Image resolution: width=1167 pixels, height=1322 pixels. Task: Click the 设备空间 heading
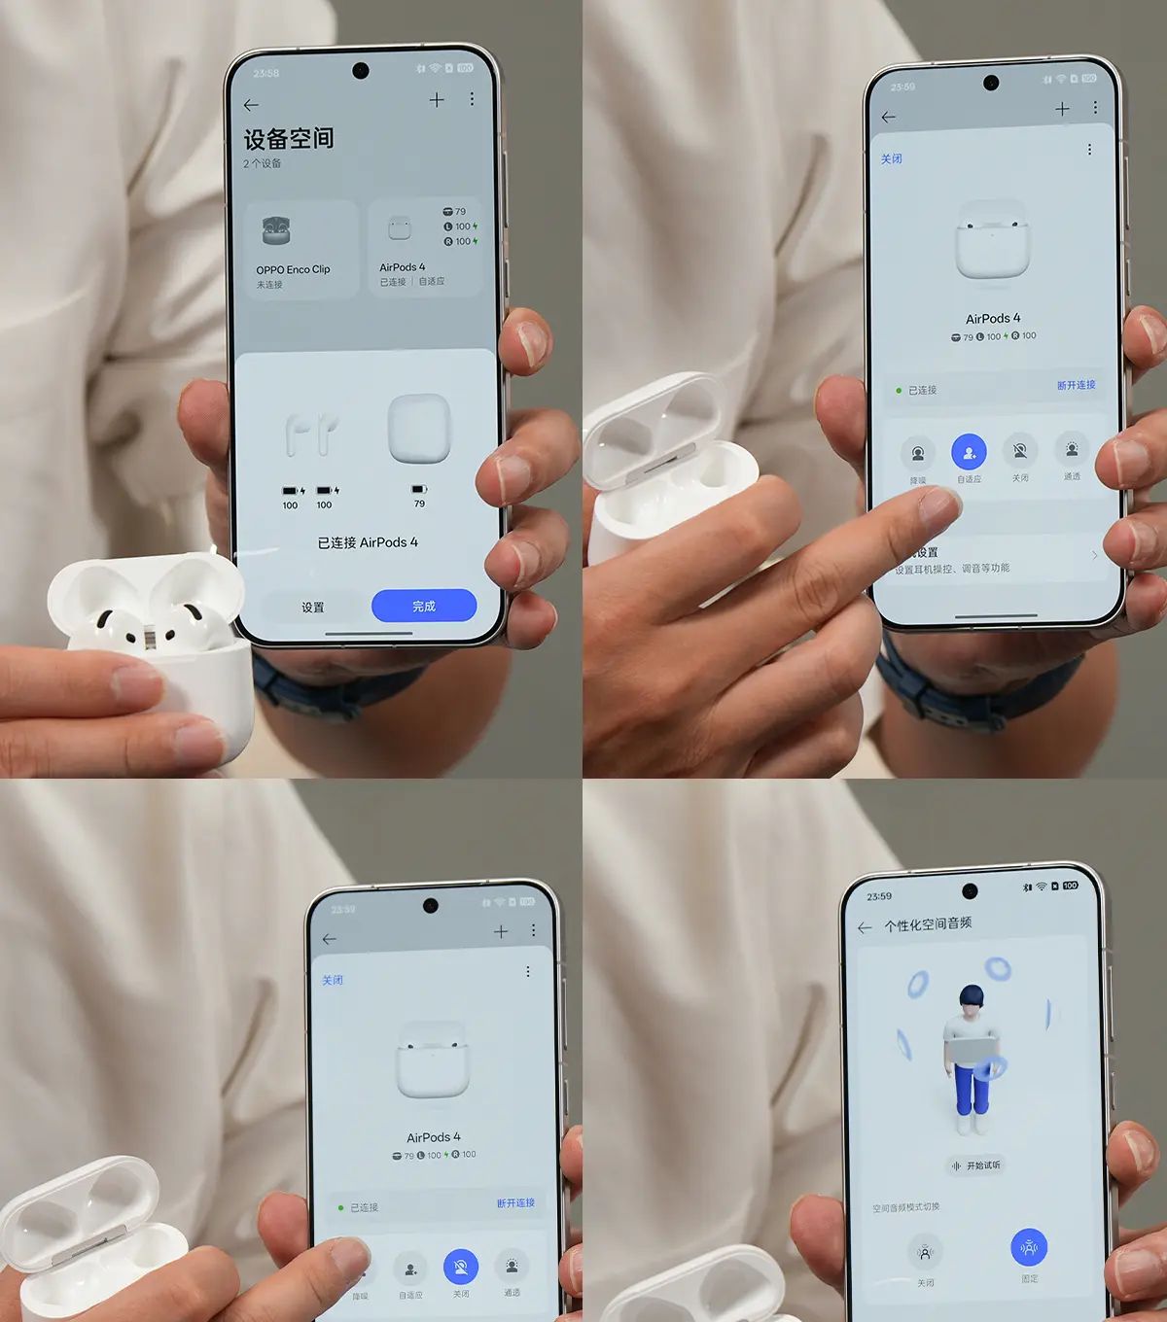[x=289, y=139]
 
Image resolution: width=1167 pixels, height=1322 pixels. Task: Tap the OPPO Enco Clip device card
[x=301, y=249]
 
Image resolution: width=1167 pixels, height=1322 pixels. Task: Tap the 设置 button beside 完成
[x=312, y=608]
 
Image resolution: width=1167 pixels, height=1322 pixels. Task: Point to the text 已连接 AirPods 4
[x=368, y=542]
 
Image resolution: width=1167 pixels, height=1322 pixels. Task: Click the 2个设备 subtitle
[x=263, y=163]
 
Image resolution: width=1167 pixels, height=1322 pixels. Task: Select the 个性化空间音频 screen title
[x=928, y=924]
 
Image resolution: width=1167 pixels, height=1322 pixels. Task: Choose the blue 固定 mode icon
[x=1029, y=1247]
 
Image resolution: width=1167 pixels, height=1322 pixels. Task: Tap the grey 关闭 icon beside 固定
[x=925, y=1251]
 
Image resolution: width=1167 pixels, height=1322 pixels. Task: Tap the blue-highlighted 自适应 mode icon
[x=969, y=452]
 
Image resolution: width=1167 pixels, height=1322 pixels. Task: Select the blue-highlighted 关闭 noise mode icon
[x=460, y=1267]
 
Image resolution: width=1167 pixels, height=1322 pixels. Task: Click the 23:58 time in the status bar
[x=265, y=73]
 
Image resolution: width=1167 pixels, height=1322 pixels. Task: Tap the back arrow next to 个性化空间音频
[x=865, y=928]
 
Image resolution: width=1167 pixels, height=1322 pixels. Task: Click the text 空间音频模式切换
[x=906, y=1207]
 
